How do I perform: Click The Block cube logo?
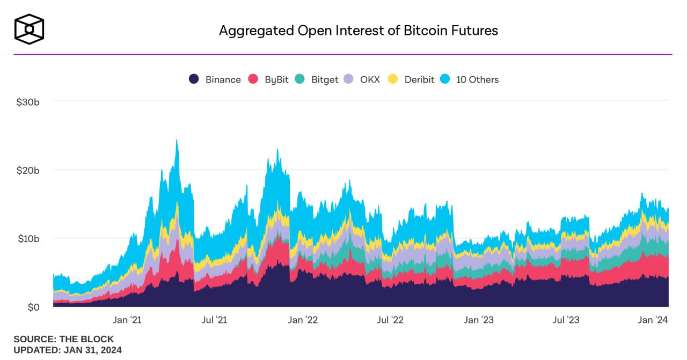coord(29,29)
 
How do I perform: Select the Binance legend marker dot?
coord(194,79)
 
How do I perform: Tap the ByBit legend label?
coord(276,79)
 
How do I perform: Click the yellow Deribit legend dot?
coord(393,79)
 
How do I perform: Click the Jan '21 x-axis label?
coord(127,320)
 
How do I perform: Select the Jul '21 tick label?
coord(214,320)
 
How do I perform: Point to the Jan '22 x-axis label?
coord(303,320)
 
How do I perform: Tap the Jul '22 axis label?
coord(390,320)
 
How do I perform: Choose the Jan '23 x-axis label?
coord(479,320)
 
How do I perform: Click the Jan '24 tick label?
coord(653,320)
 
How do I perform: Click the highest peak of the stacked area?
coord(177,141)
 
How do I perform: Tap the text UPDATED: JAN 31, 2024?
coord(68,350)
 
